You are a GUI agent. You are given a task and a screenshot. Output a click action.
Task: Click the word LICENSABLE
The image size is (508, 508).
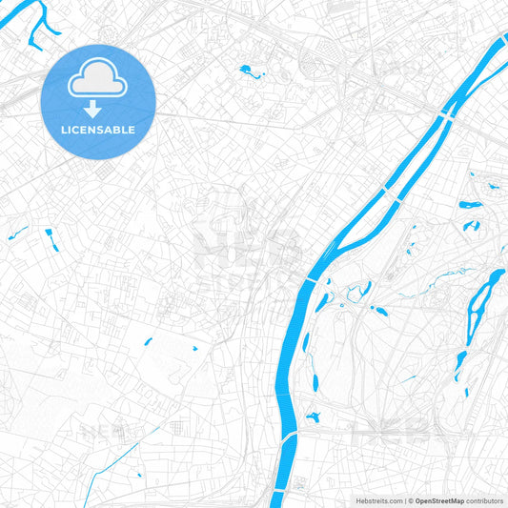[97, 129]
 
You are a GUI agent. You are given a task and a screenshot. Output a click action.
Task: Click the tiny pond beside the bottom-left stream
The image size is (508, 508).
[136, 473]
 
